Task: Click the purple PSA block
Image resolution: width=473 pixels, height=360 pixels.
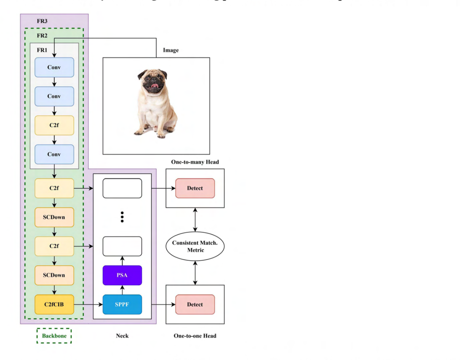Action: (122, 275)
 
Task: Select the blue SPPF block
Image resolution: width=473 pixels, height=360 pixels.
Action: (122, 304)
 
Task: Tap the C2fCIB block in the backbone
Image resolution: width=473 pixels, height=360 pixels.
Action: (54, 304)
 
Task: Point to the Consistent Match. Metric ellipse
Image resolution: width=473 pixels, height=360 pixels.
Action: (195, 246)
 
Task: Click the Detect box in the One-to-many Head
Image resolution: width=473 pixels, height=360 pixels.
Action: (195, 188)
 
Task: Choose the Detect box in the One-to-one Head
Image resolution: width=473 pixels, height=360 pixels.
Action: (195, 304)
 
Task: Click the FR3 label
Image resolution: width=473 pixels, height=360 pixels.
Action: (42, 21)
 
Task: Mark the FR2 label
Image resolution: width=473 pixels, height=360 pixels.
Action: (42, 35)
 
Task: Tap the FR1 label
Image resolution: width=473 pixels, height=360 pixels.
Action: (42, 50)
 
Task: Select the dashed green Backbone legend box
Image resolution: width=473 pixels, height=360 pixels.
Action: (54, 336)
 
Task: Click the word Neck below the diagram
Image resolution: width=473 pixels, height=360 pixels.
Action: (122, 336)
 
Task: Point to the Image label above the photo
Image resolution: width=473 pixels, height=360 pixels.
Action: (171, 50)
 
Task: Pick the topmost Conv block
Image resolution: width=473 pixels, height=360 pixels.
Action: (54, 67)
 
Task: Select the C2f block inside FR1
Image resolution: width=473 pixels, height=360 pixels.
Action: (54, 125)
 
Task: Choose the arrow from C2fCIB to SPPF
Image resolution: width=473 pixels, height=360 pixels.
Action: (88, 304)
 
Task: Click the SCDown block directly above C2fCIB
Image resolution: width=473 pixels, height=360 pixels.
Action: (54, 275)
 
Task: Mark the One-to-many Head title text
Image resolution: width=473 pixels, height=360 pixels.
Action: (195, 162)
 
